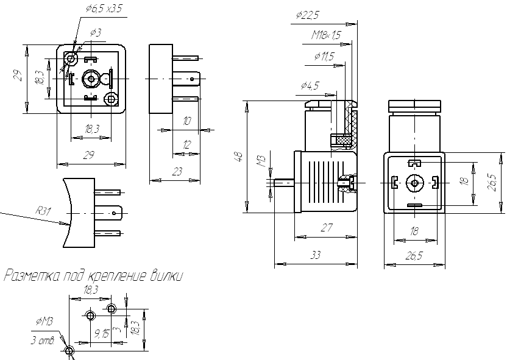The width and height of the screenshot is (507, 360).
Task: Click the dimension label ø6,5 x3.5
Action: (104, 9)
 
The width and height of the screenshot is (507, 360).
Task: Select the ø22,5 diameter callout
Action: (307, 15)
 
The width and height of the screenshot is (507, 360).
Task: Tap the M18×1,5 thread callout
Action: (326, 35)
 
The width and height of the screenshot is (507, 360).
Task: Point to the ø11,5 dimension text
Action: (324, 57)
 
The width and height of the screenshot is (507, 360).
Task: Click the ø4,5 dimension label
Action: (310, 86)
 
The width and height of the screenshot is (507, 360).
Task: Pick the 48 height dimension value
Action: (238, 157)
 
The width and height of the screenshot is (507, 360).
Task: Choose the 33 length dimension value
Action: (316, 255)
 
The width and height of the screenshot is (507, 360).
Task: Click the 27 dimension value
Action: (327, 228)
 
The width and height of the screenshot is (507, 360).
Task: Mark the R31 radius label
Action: (43, 211)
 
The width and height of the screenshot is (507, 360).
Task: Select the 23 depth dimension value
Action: (177, 172)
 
